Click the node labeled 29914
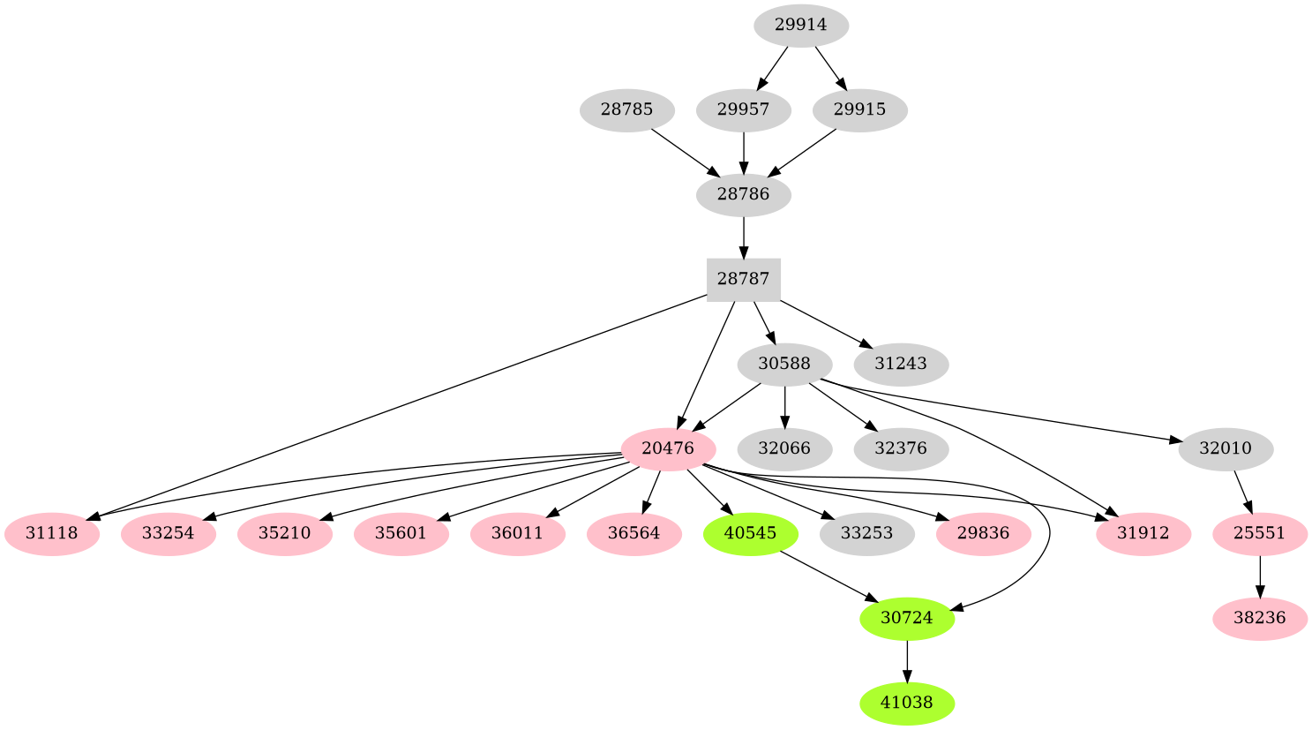[x=801, y=26]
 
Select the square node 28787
[x=743, y=279]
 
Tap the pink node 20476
[x=668, y=448]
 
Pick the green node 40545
[x=751, y=533]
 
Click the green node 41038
[x=907, y=704]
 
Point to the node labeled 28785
[x=627, y=110]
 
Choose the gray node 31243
[x=901, y=364]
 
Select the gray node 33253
[x=866, y=533]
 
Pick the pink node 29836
[x=984, y=533]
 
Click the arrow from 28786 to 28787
[x=744, y=237]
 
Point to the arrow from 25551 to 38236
[x=1260, y=576]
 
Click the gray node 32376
[x=901, y=448]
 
